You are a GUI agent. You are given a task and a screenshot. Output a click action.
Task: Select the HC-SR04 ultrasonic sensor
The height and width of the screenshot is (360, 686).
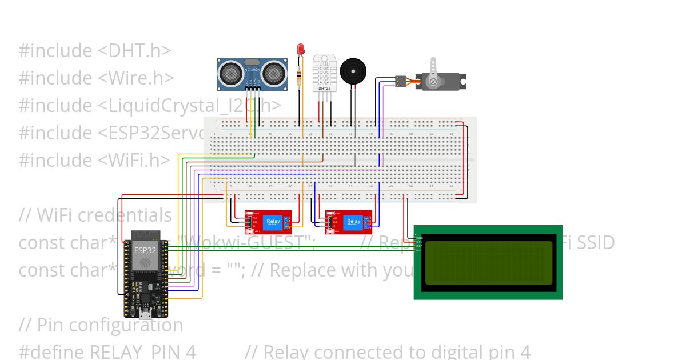pos(252,74)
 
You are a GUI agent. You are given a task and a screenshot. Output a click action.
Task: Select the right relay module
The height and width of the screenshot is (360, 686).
pos(349,222)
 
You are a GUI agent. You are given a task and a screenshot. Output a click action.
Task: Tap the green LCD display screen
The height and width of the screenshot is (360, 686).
pos(489,262)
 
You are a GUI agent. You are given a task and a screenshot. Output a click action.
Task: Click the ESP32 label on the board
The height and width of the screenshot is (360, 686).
pos(145,250)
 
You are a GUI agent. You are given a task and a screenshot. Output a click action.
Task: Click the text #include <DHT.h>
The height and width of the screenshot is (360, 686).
pos(95,51)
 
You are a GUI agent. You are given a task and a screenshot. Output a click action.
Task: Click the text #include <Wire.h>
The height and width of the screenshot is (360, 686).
pos(96,78)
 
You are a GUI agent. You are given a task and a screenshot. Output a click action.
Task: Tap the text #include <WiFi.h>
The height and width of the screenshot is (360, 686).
pos(94,160)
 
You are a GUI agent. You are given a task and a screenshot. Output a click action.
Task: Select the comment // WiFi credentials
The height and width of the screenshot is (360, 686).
pos(95,215)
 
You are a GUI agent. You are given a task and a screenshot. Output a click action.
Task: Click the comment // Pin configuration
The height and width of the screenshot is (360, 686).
pos(101,325)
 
